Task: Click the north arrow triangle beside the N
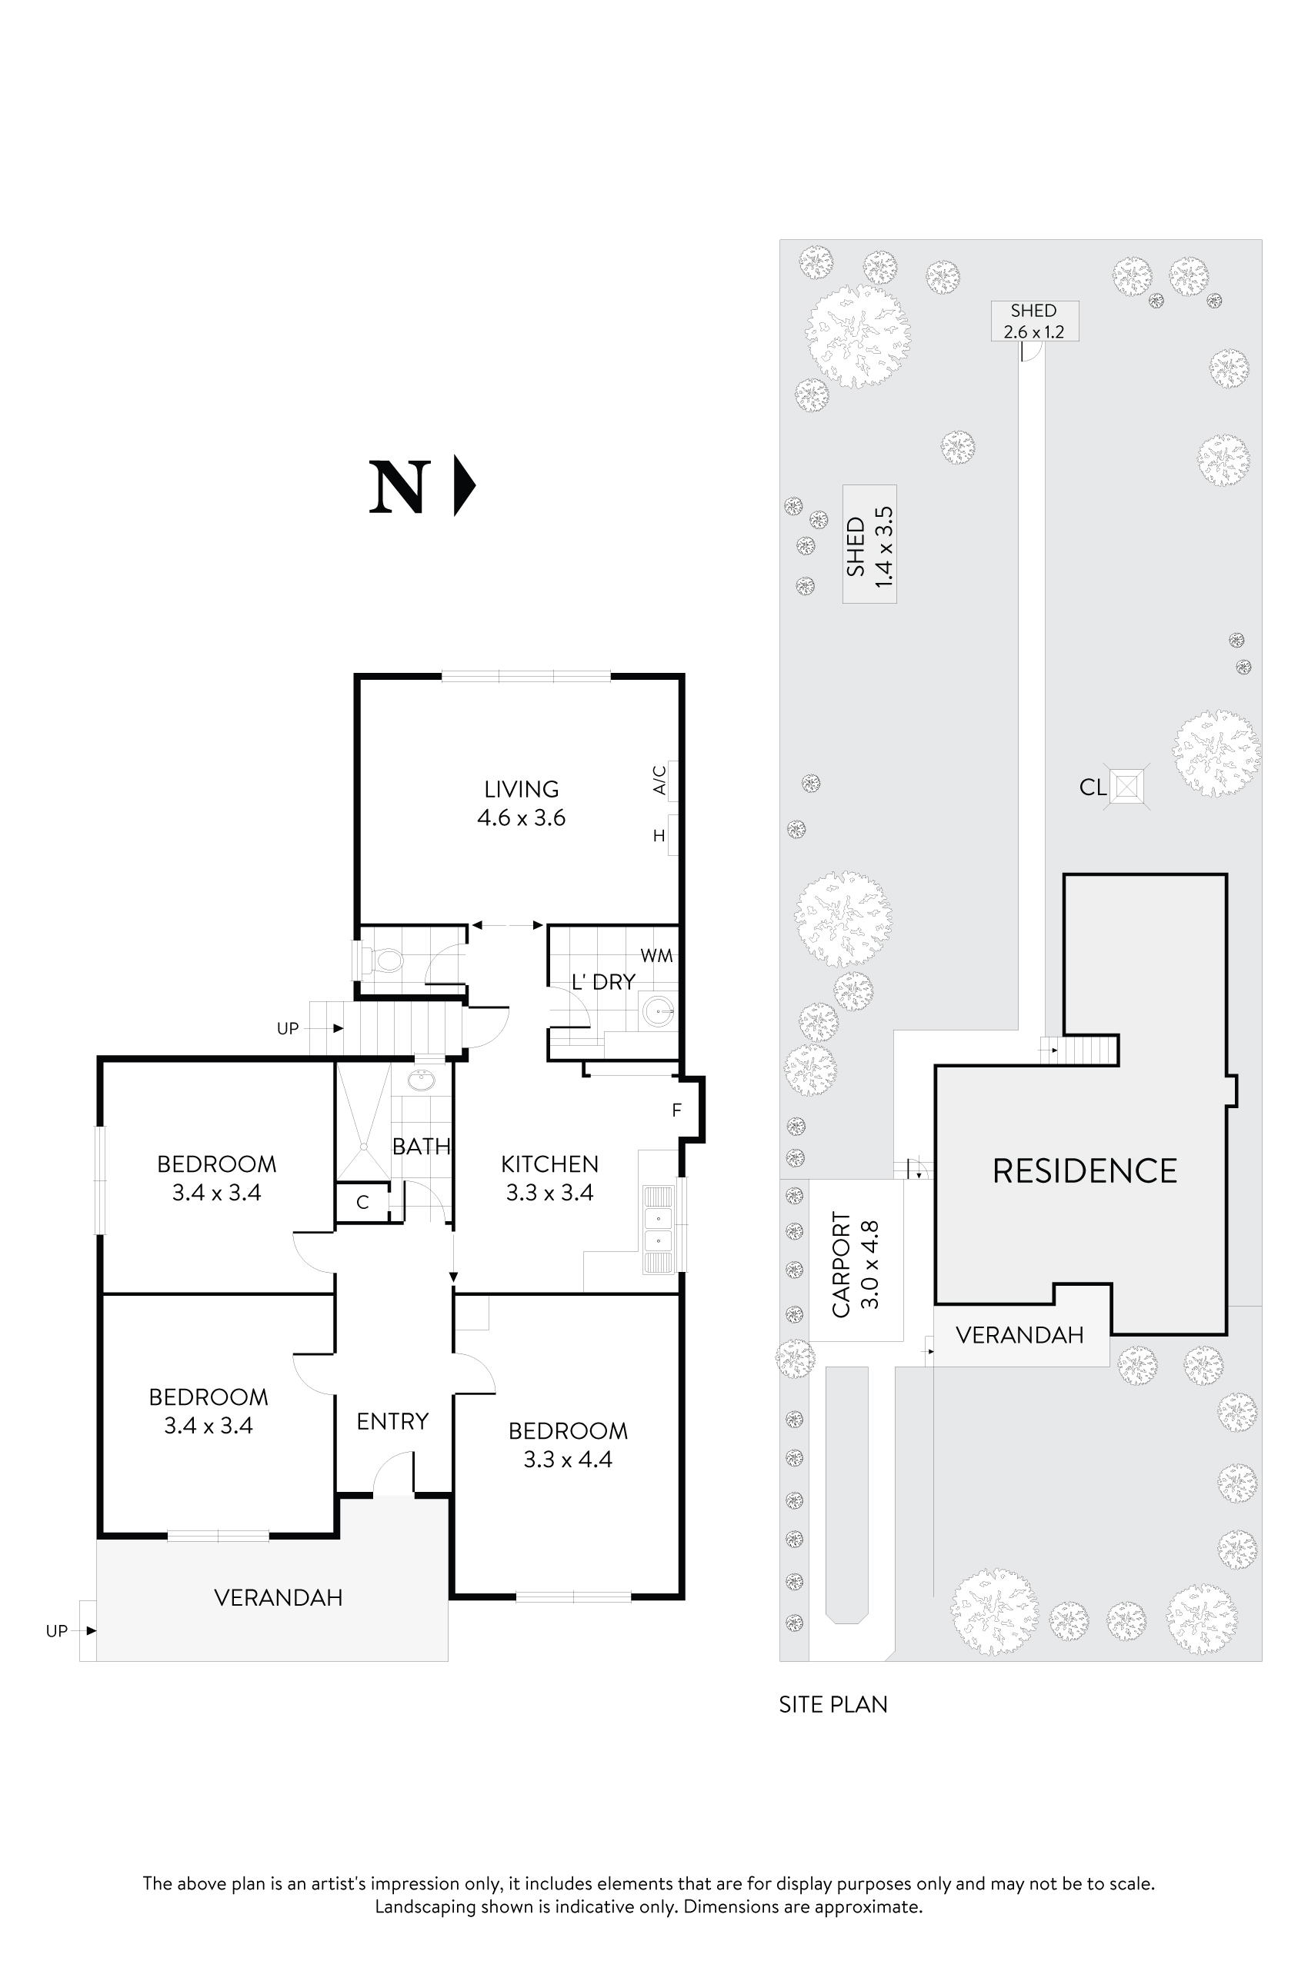[x=464, y=485]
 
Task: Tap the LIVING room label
[x=522, y=789]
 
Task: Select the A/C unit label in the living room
[x=659, y=781]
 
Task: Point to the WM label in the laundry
[x=656, y=957]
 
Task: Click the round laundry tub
[x=658, y=1014]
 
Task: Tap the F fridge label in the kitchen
[x=676, y=1110]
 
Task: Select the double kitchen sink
[x=658, y=1229]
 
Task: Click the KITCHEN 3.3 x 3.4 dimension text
[x=549, y=1193]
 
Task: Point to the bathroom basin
[x=422, y=1081]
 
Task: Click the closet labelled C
[x=362, y=1202]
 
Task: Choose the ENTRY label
[x=392, y=1420]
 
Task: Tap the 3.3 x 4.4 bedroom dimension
[x=567, y=1459]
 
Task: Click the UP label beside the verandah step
[x=57, y=1631]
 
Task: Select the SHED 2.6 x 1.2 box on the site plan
[x=1033, y=321]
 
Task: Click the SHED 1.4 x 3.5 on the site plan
[x=869, y=544]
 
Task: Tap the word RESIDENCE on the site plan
[x=1083, y=1171]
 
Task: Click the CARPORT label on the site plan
[x=841, y=1264]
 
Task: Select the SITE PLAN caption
[x=833, y=1705]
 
